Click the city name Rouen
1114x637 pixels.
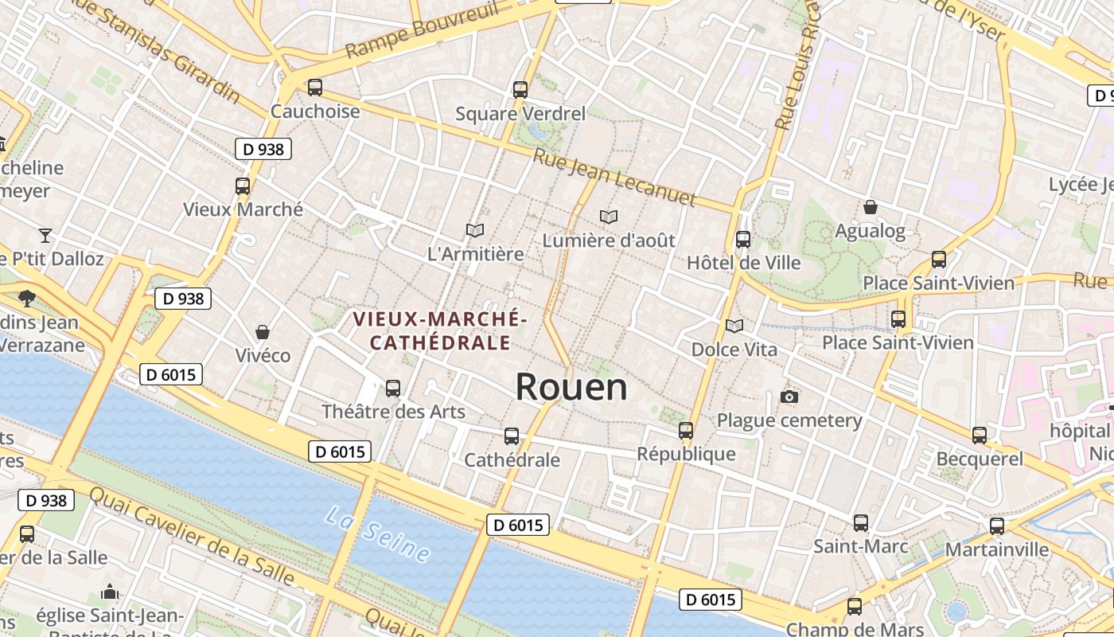click(x=571, y=387)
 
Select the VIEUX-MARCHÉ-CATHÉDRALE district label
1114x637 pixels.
click(x=440, y=330)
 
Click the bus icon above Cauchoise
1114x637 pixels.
click(x=315, y=88)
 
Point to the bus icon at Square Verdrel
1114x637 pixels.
click(x=520, y=90)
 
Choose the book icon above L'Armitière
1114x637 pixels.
click(x=475, y=231)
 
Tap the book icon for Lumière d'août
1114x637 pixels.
click(x=609, y=217)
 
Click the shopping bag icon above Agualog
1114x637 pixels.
click(x=871, y=207)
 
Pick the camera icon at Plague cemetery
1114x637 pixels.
click(x=789, y=397)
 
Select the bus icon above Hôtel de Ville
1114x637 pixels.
click(x=743, y=239)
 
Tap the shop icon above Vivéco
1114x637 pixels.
click(x=263, y=331)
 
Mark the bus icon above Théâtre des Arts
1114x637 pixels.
click(x=393, y=388)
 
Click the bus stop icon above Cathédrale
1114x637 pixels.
click(x=512, y=436)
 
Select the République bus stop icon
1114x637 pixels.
click(x=686, y=431)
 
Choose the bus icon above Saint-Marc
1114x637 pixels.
click(x=861, y=523)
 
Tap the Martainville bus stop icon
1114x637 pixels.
click(x=997, y=526)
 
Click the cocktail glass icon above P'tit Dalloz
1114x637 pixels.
click(x=45, y=235)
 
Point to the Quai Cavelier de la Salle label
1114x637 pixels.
click(x=192, y=535)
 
